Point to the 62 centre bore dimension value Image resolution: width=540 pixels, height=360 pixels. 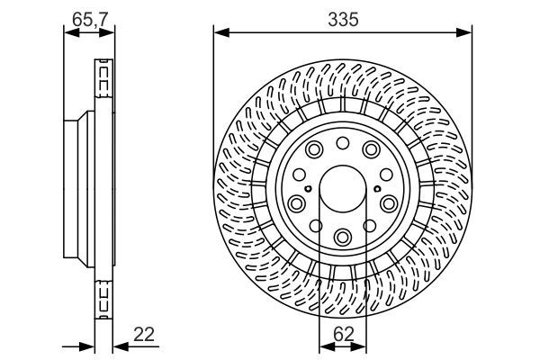click(343, 334)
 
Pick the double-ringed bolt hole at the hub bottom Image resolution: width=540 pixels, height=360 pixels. click(343, 237)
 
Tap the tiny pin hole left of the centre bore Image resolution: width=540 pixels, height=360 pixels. click(309, 189)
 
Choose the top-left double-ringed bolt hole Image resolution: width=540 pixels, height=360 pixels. click(314, 150)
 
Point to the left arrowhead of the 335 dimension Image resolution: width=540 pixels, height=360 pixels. click(219, 34)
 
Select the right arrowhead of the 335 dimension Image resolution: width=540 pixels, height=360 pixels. click(467, 34)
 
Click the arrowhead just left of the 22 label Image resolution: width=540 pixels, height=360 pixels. click(118, 346)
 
